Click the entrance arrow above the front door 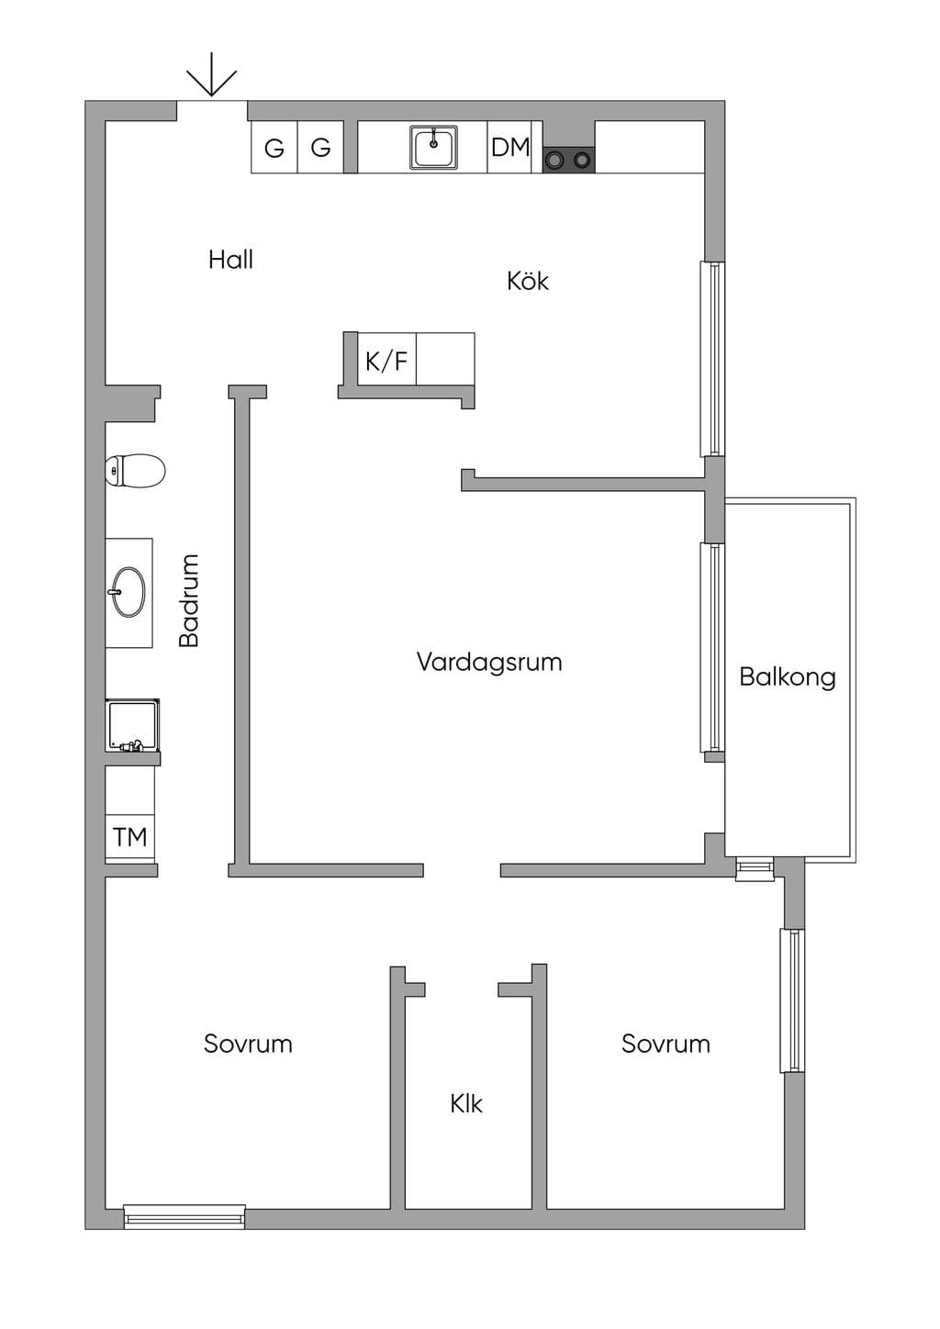pyautogui.click(x=212, y=74)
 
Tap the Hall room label pyautogui.click(x=230, y=260)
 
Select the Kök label pyautogui.click(x=528, y=281)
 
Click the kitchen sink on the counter pyautogui.click(x=433, y=147)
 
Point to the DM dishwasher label pyautogui.click(x=510, y=147)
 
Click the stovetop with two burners pyautogui.click(x=568, y=159)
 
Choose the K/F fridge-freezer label pyautogui.click(x=386, y=360)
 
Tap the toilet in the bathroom pyautogui.click(x=135, y=471)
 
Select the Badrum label pyautogui.click(x=189, y=600)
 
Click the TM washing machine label pyautogui.click(x=130, y=837)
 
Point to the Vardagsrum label pyautogui.click(x=489, y=662)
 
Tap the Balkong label pyautogui.click(x=788, y=677)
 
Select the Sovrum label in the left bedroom pyautogui.click(x=248, y=1044)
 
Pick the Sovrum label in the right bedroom pyautogui.click(x=666, y=1044)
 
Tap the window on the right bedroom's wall pyautogui.click(x=792, y=1000)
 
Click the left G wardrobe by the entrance pyautogui.click(x=274, y=147)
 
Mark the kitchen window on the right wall pyautogui.click(x=712, y=359)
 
